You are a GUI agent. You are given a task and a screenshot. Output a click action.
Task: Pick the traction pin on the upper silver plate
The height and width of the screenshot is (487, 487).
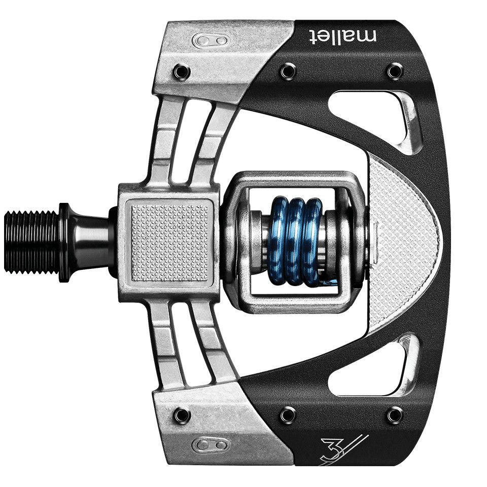click(181, 71)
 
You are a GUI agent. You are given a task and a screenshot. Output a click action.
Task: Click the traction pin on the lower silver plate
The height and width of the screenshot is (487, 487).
click(181, 415)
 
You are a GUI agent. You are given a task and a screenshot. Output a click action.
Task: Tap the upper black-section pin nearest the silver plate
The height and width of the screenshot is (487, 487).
click(288, 71)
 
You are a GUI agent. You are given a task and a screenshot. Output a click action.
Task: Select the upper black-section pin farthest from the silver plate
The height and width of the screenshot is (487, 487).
click(395, 71)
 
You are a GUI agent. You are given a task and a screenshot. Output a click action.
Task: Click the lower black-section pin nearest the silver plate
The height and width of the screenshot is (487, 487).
click(288, 415)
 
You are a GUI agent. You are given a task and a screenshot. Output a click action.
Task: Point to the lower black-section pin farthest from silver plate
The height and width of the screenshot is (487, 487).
click(395, 415)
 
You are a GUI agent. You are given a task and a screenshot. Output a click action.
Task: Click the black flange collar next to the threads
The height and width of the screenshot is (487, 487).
click(65, 242)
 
